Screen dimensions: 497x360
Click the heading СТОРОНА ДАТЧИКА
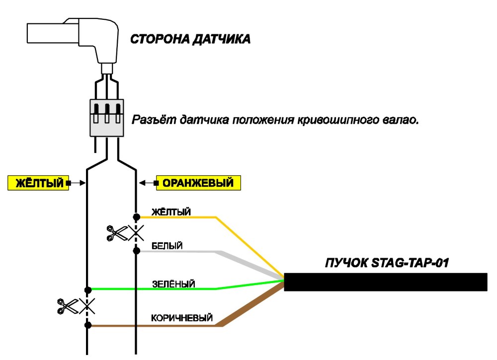[190, 39]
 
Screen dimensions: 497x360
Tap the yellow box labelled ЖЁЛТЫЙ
[38, 183]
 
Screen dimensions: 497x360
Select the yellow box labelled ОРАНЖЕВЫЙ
[198, 183]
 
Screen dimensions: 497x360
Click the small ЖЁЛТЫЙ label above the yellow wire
[171, 212]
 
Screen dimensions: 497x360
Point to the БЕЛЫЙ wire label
[167, 246]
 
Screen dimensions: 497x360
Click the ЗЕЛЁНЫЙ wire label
[173, 284]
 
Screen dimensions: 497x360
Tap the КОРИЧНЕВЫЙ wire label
[181, 318]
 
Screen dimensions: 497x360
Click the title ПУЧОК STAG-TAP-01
[387, 263]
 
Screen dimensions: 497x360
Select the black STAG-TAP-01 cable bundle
[386, 282]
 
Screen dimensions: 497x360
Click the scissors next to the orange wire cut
[117, 233]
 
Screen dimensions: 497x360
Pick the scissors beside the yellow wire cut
[67, 306]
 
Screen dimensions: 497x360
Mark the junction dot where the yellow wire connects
[136, 217]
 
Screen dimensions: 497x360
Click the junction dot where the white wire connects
[136, 251]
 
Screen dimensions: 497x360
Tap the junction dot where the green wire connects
[88, 289]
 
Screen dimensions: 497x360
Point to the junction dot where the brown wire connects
[88, 325]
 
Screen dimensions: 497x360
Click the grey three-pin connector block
[107, 118]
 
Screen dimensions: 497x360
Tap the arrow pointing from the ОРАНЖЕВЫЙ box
[148, 183]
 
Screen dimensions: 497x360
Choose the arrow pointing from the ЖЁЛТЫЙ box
[76, 183]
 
